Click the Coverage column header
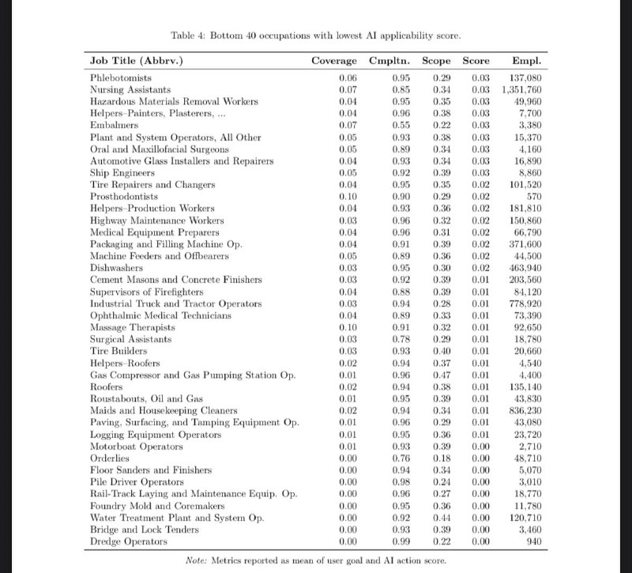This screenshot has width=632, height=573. coord(335,61)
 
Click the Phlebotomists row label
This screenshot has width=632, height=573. coord(121,78)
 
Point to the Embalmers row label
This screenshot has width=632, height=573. coord(114,125)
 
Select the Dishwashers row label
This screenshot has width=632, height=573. coord(116,268)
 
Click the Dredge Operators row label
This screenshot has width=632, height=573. coord(129,541)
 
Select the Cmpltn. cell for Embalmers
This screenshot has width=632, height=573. coord(401,125)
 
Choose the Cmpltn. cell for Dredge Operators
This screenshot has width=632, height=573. coord(401,541)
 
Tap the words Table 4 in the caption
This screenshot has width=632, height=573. coord(189,35)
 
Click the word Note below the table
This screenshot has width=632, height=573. coord(197,560)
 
